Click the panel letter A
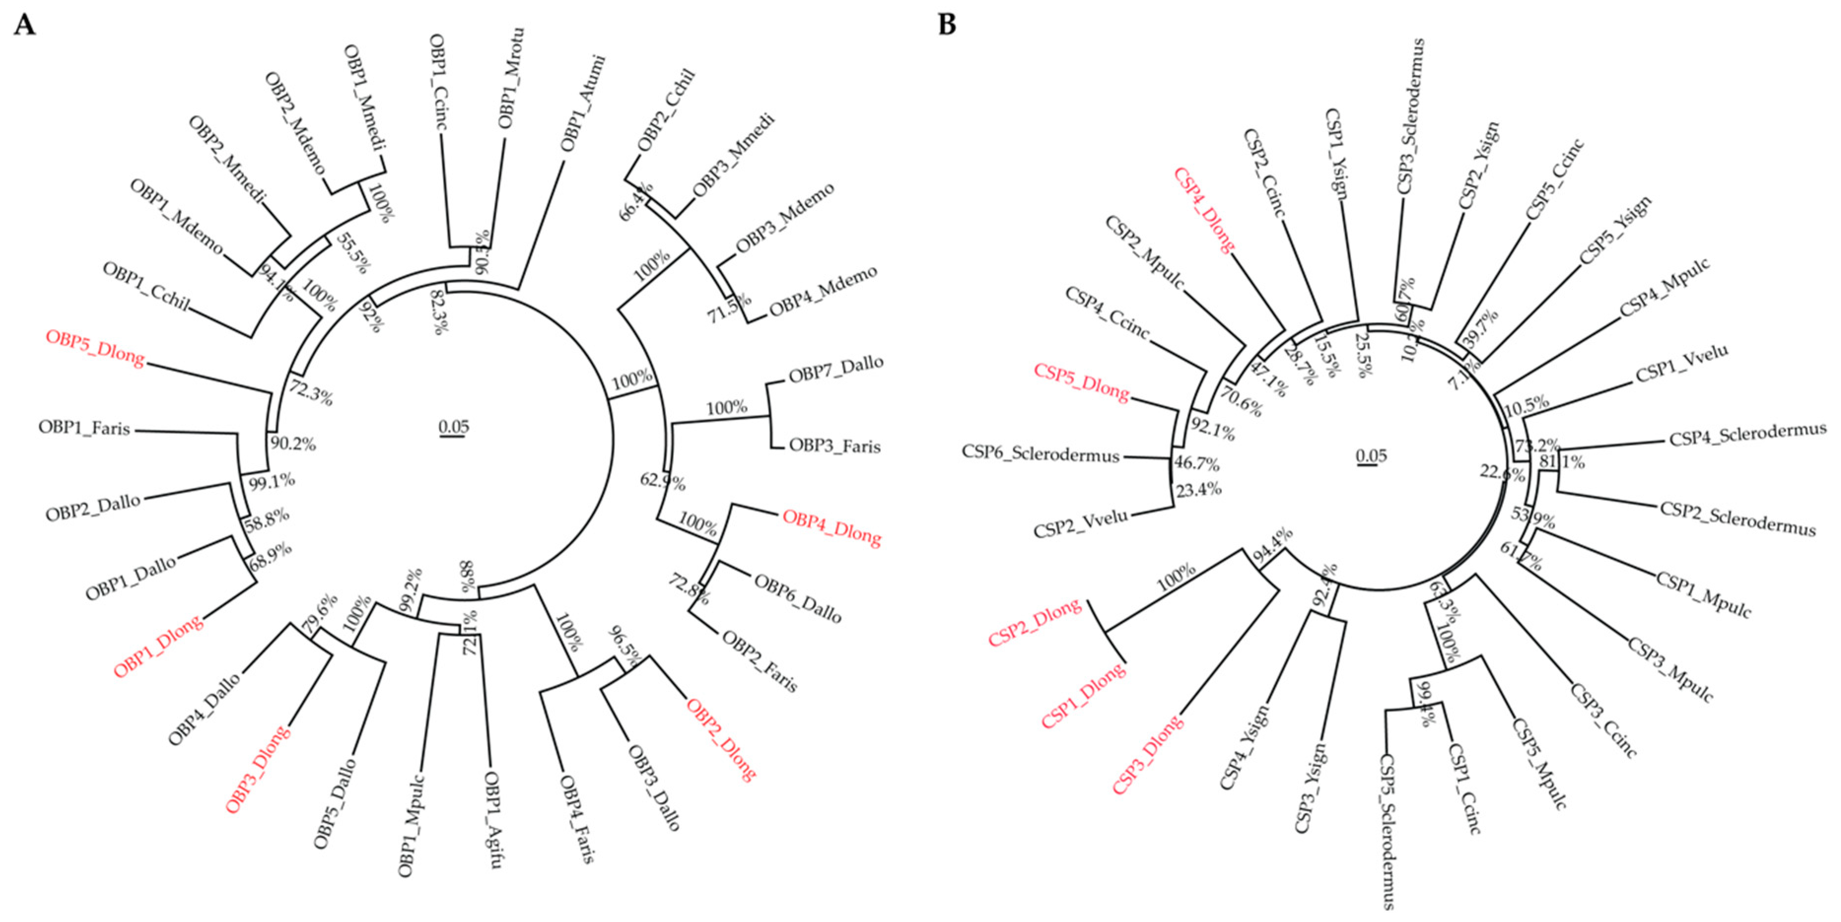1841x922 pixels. point(24,25)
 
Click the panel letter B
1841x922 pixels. point(947,25)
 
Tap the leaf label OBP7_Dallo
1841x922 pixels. point(835,369)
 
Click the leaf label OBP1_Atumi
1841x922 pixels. point(583,103)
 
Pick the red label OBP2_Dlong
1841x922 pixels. point(721,739)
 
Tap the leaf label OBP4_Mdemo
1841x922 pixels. point(823,292)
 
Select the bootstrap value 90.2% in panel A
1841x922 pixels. point(293,444)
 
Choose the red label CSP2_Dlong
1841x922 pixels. point(1035,622)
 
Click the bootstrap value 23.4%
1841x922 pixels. point(1199,490)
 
